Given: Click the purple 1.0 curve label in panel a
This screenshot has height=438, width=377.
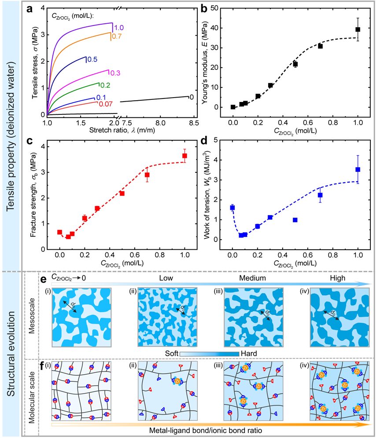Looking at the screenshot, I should point(119,28).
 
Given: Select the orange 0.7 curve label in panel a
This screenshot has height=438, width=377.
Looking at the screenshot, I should point(116,36).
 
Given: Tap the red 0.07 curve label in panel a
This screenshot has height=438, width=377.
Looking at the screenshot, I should point(104,105).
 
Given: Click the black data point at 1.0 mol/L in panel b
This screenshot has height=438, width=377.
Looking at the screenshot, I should point(358,29).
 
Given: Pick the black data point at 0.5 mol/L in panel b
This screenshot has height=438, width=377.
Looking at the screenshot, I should point(295,64).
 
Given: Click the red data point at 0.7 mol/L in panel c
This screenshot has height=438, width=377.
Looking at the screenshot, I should point(147,175).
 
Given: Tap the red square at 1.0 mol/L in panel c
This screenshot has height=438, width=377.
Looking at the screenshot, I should point(185,156).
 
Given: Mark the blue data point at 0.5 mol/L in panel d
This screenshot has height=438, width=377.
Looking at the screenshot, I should point(295,220).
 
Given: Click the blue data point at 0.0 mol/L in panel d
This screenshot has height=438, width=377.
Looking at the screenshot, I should point(233,208).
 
